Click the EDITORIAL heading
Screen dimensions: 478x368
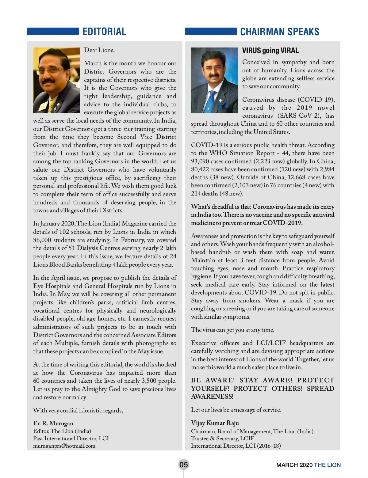[x=104, y=32]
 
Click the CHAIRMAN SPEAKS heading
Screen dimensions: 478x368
[x=279, y=32]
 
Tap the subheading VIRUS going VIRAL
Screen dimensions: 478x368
[x=270, y=51]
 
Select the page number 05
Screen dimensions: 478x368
[x=183, y=465]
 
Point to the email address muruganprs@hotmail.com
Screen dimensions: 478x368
[x=64, y=446]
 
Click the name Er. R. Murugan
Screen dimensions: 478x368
[x=53, y=423]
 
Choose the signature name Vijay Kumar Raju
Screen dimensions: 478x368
[x=215, y=423]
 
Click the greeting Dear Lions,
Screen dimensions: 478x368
[x=99, y=50]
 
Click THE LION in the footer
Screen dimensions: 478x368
[x=327, y=465]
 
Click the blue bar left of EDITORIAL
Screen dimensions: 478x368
[x=53, y=32]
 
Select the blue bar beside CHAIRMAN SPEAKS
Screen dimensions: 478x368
[x=211, y=32]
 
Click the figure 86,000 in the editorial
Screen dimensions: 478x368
[x=42, y=240]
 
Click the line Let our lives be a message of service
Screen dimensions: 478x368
[x=236, y=410]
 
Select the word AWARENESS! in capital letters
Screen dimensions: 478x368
[x=212, y=396]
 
